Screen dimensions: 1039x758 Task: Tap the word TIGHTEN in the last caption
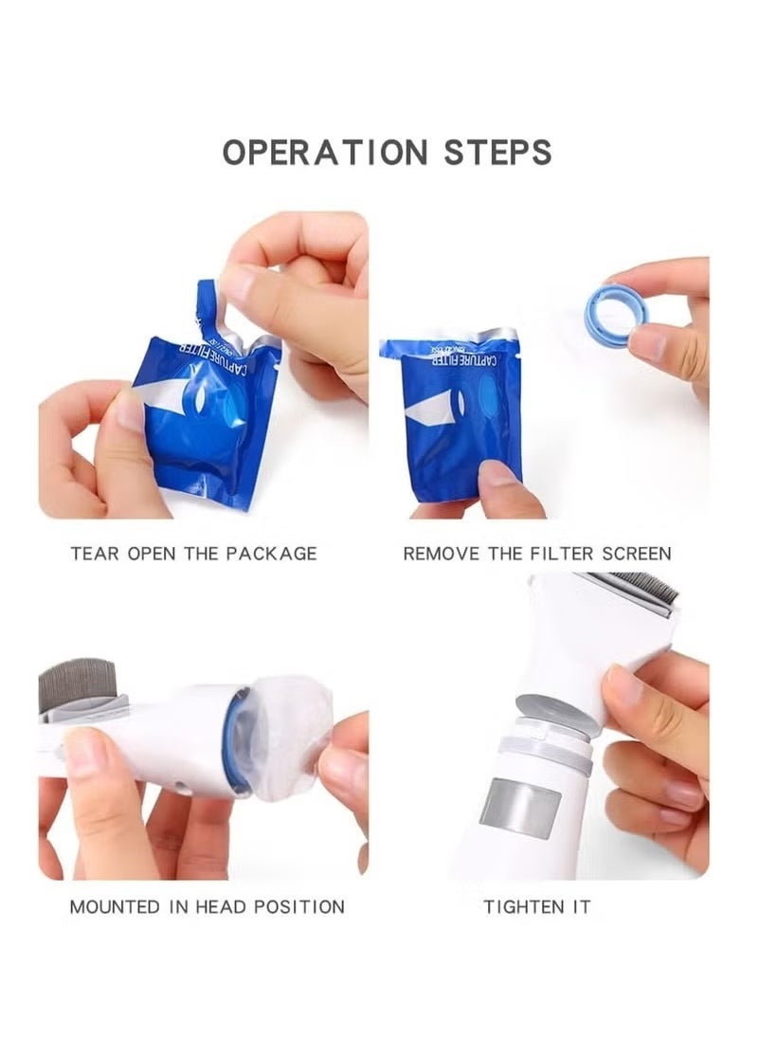tap(520, 906)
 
